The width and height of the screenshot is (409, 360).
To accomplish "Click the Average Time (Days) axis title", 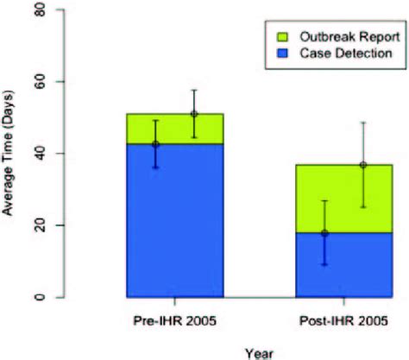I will pyautogui.click(x=11, y=154).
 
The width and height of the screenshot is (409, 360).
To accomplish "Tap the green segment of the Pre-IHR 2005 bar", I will pyautogui.click(x=175, y=129).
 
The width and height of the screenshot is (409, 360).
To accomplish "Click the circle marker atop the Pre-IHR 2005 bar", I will pyautogui.click(x=194, y=114).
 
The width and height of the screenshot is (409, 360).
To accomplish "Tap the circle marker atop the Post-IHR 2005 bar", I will pyautogui.click(x=339, y=164).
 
